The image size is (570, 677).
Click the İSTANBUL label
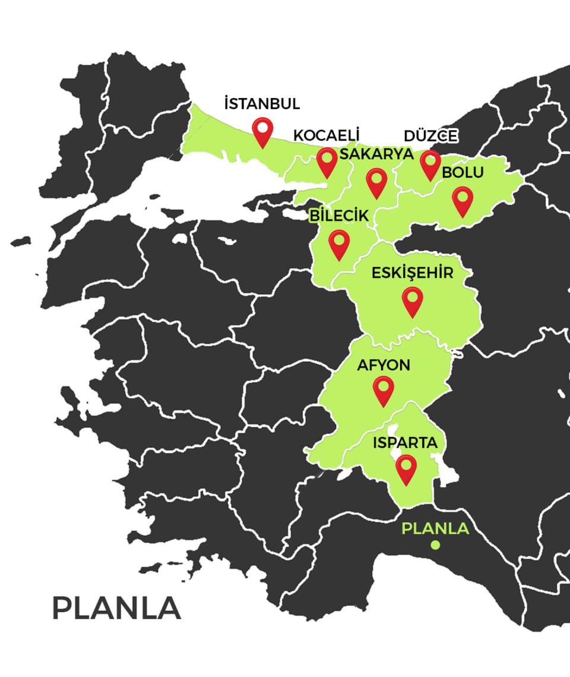(x=262, y=104)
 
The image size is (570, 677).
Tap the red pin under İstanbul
(x=262, y=131)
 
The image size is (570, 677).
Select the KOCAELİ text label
(x=327, y=135)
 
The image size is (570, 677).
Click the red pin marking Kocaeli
(x=327, y=162)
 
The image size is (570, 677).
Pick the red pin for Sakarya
(x=376, y=182)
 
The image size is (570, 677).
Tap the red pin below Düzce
(x=430, y=164)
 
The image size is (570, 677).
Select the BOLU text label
(x=463, y=173)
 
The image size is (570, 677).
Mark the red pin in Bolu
(x=463, y=200)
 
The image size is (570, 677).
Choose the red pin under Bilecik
(x=339, y=243)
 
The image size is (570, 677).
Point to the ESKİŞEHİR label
(x=412, y=274)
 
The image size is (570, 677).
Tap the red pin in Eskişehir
(x=412, y=300)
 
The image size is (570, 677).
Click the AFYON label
(x=384, y=365)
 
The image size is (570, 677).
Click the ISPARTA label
(x=406, y=443)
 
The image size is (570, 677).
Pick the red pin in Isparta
(x=406, y=469)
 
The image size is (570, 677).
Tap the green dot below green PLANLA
(x=435, y=545)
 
